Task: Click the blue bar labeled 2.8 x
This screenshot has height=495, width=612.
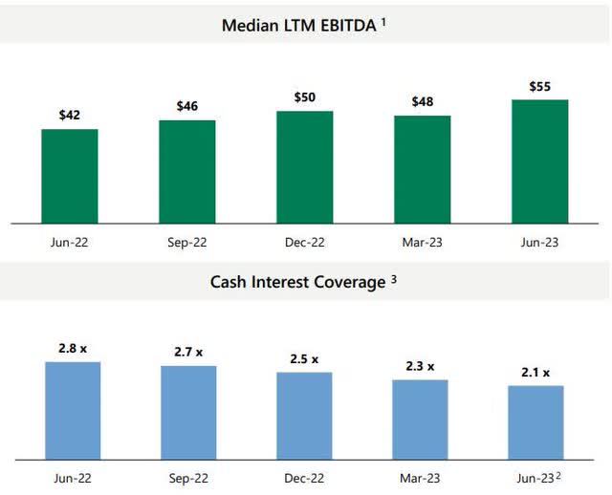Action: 73,409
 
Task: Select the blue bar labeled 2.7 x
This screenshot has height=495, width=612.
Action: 188,411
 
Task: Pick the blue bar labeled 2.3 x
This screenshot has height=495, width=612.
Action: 420,418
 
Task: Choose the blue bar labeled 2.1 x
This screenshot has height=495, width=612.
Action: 535,420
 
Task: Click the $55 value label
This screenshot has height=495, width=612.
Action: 539,87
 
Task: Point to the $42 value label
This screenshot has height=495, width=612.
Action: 69,116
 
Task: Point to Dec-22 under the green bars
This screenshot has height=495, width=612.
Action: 304,243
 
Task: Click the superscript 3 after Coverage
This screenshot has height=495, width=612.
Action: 394,279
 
